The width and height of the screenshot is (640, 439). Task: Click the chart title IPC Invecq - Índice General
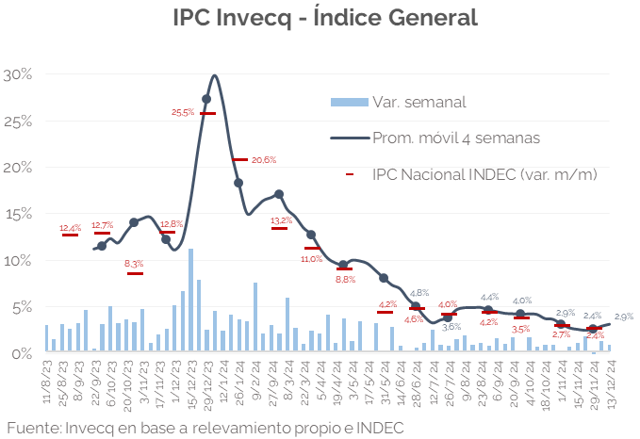point(325,18)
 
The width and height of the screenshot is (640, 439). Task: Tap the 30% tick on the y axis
point(18,74)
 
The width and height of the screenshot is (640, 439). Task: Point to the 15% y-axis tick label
point(18,214)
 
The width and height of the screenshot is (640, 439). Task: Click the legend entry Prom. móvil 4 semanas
point(455,138)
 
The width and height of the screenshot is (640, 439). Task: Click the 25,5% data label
point(183,112)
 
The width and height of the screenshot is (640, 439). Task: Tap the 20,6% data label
point(264,159)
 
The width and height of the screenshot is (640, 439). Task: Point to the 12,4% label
point(71,228)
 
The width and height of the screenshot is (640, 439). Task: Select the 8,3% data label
point(134,264)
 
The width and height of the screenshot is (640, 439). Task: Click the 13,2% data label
point(281,221)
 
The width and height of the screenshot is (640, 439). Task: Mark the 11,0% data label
point(311,258)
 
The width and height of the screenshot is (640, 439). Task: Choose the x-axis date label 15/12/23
point(191,386)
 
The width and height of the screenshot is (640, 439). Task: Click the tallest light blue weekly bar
point(191,301)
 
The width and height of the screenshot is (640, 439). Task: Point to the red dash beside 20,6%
point(239,159)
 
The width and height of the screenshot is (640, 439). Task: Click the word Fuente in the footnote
point(33,428)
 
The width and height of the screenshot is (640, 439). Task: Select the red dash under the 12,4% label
point(70,235)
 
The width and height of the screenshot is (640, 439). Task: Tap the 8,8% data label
point(345,279)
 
